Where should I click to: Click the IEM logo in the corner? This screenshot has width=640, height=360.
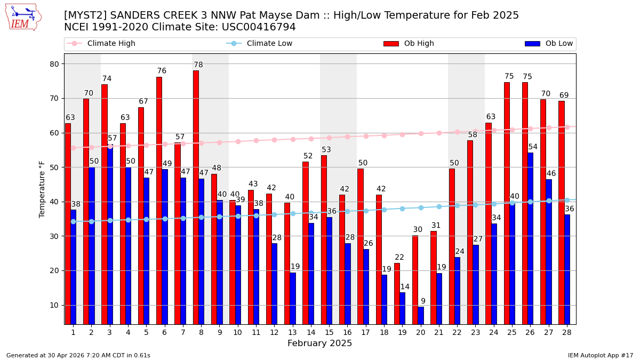[23, 17]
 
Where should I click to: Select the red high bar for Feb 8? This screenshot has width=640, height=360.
[196, 197]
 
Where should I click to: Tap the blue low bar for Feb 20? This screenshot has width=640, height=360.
[421, 315]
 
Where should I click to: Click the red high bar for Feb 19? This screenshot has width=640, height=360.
[397, 293]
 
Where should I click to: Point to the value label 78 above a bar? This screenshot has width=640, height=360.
[198, 65]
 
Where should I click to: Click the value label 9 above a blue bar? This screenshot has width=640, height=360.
[423, 301]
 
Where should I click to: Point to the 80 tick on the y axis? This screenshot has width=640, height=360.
[54, 64]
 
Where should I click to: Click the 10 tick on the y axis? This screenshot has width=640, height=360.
[54, 305]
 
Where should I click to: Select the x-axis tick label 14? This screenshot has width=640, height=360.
[310, 332]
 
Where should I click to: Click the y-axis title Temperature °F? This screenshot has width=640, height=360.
[42, 189]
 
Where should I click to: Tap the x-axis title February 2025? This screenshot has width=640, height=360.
[319, 343]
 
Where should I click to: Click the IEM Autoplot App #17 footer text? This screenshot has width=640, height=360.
[600, 355]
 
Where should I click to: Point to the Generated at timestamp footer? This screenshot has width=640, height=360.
[78, 355]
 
